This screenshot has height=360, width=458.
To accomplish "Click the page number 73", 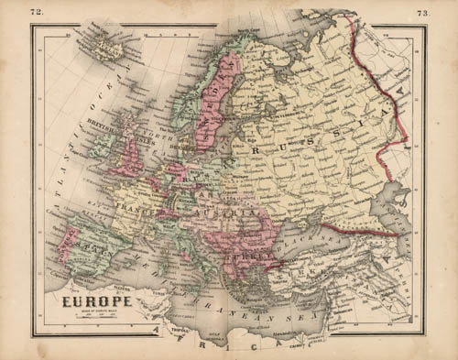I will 422,13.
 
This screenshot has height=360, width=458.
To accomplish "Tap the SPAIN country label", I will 92,248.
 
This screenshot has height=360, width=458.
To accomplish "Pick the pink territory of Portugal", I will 65,245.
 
